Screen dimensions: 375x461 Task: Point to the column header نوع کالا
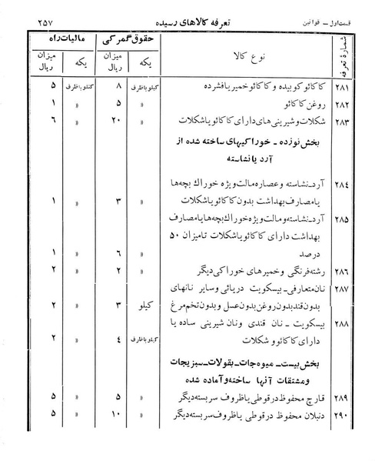point(233,58)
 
